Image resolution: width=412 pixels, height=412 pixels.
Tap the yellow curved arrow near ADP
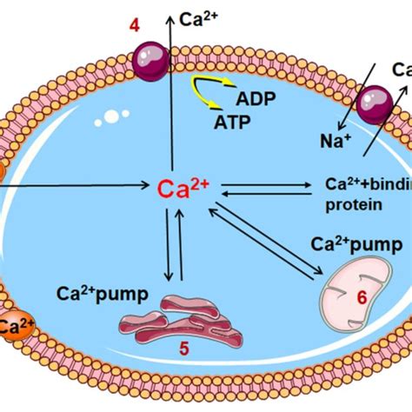click(x=203, y=88)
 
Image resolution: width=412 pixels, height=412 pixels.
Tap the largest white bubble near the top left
click(x=112, y=115)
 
